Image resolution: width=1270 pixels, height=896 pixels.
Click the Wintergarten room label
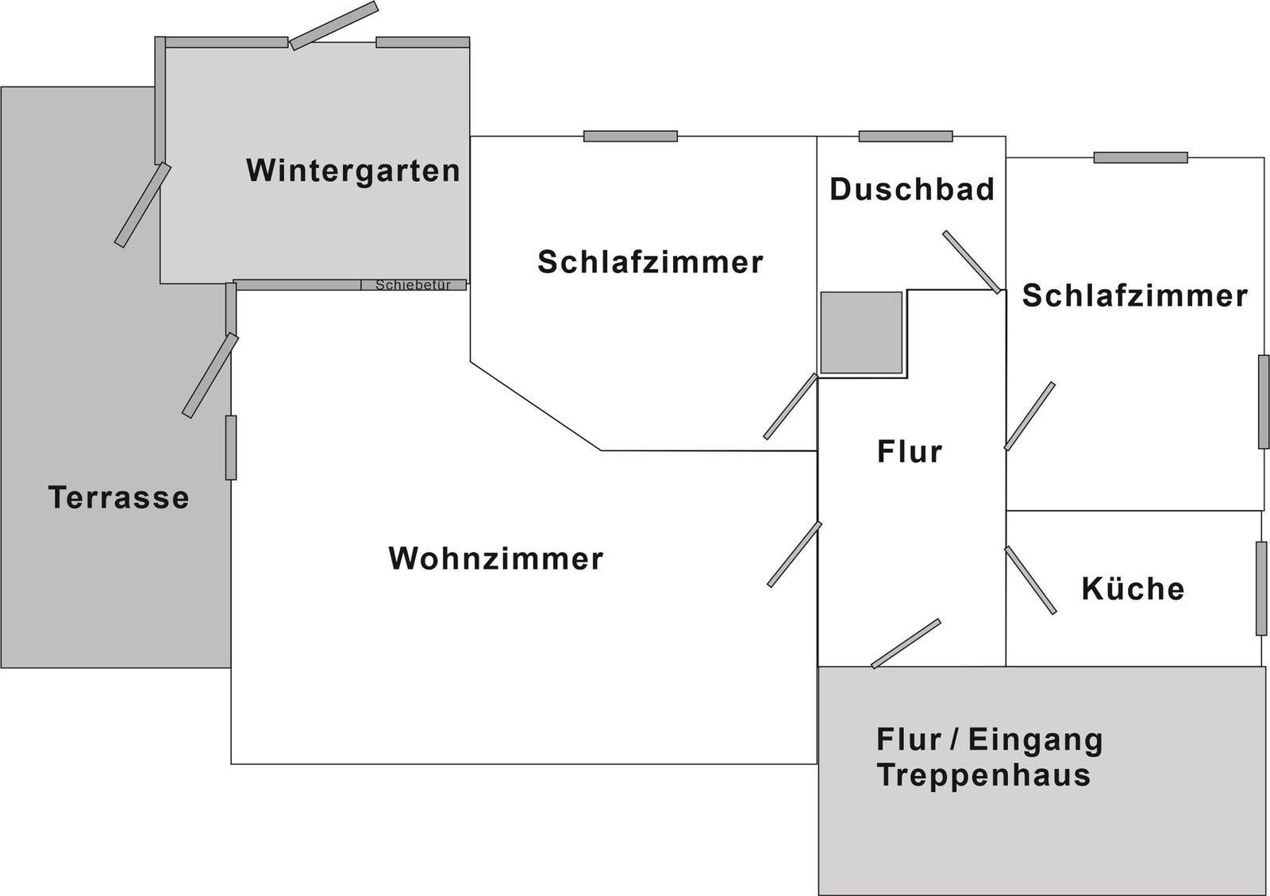(352, 171)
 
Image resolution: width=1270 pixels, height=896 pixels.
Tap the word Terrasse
(118, 497)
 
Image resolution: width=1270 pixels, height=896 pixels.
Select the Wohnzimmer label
(495, 558)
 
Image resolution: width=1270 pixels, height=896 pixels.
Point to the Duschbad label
(912, 189)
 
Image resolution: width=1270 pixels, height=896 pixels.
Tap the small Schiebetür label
(413, 285)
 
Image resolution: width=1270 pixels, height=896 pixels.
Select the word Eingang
(1035, 740)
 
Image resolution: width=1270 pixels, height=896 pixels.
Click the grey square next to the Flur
(861, 333)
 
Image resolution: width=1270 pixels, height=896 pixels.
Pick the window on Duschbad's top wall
(906, 136)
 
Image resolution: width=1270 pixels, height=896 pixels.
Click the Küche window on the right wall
(1261, 588)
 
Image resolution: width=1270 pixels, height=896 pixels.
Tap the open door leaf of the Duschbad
(972, 262)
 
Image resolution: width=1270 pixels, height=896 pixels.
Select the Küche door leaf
(1030, 580)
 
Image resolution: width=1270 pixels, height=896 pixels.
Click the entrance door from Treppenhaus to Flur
(906, 643)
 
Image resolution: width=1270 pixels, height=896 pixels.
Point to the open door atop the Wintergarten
(334, 25)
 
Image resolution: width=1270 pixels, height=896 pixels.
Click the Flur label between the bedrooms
(910, 452)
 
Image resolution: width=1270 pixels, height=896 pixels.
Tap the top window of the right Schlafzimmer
(1140, 157)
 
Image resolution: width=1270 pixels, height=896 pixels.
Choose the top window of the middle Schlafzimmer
(630, 136)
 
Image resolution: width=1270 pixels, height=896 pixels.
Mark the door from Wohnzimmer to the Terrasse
(210, 376)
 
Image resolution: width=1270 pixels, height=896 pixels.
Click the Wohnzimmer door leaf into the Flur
(795, 554)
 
